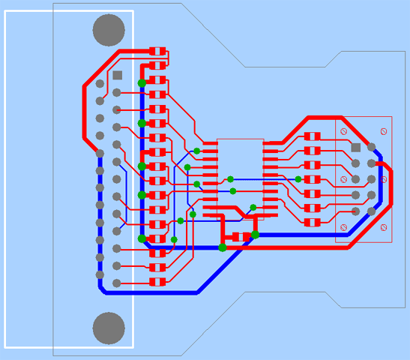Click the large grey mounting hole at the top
click(x=109, y=30)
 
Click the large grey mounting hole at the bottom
click(x=109, y=328)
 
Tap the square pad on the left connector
click(x=118, y=75)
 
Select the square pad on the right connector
click(x=356, y=147)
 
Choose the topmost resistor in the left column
click(x=157, y=51)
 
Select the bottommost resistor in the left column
click(x=157, y=282)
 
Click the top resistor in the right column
click(x=313, y=136)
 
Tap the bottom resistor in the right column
click(x=313, y=223)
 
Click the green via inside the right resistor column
click(x=298, y=179)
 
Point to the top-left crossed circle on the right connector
click(x=343, y=132)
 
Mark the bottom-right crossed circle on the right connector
click(x=385, y=227)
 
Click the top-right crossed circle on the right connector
click(x=385, y=132)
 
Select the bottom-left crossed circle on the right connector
click(x=343, y=227)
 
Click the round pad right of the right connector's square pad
click(x=371, y=147)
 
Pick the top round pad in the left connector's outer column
click(x=100, y=83)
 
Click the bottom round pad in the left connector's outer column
click(x=100, y=274)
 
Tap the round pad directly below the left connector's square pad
click(x=118, y=92)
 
